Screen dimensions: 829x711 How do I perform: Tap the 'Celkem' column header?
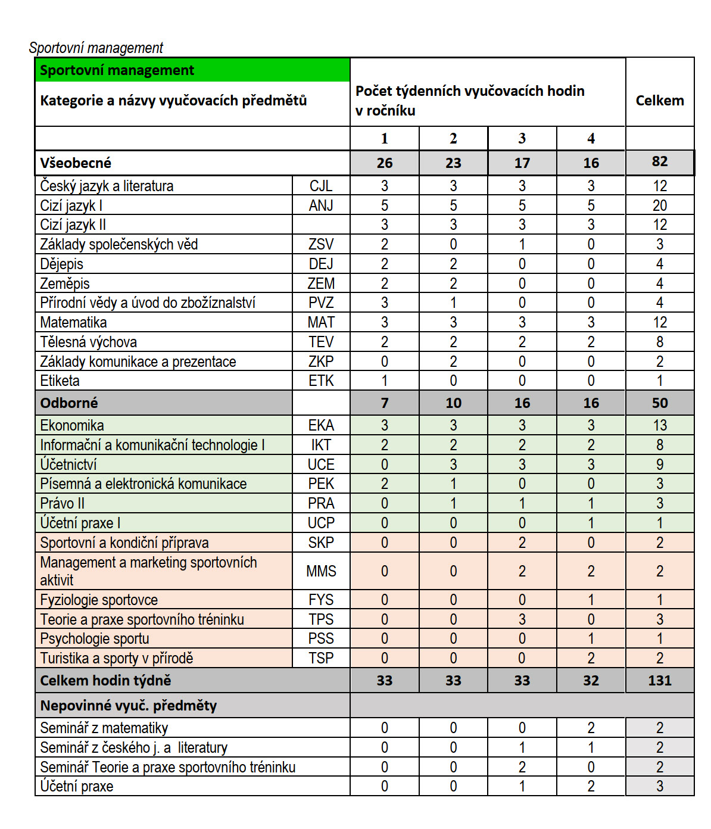click(x=659, y=101)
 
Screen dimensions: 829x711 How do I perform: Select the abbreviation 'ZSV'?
click(x=321, y=244)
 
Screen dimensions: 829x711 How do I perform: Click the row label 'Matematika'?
click(x=73, y=322)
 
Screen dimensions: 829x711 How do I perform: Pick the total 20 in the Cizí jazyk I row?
click(x=659, y=205)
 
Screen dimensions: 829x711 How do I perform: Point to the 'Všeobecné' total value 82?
click(x=659, y=161)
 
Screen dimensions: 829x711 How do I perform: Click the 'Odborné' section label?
click(x=69, y=403)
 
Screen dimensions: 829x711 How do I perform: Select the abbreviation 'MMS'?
click(x=321, y=571)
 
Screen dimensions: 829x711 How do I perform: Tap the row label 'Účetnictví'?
click(x=68, y=465)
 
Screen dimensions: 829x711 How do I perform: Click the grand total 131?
click(x=659, y=680)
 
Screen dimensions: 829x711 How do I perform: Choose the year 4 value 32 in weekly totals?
click(x=591, y=680)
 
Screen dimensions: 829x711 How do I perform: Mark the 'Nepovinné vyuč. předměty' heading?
click(x=128, y=706)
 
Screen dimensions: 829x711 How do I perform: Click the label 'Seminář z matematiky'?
click(x=104, y=728)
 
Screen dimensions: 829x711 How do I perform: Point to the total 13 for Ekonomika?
click(x=659, y=425)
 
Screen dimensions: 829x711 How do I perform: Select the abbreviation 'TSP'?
click(x=321, y=658)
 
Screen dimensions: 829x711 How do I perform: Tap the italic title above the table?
click(x=96, y=48)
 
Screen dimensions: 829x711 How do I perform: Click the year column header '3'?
click(x=522, y=139)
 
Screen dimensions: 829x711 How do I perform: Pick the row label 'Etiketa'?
click(x=60, y=381)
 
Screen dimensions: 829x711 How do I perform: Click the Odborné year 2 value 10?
click(x=453, y=403)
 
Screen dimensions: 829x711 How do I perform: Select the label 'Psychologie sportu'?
click(x=94, y=638)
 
